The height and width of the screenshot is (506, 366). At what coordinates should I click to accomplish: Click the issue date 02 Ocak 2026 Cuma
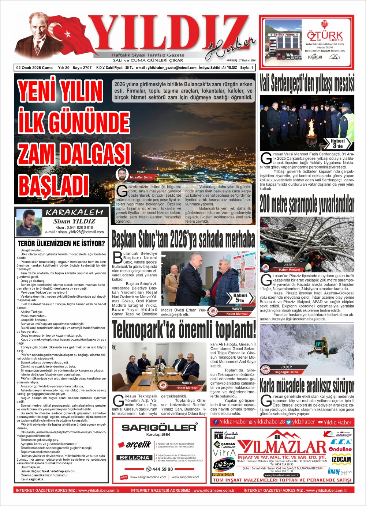pos(34,68)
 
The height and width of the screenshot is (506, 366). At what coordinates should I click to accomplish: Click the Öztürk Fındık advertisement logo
pos(325,37)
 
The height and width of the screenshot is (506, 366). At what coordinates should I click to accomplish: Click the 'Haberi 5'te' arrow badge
pos(240,298)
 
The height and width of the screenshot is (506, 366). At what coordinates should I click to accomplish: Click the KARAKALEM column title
pos(75,212)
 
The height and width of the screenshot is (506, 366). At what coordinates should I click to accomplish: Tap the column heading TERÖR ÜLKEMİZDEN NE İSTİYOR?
pos(61,243)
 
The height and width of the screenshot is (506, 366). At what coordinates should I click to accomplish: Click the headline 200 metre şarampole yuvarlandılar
pos(307,204)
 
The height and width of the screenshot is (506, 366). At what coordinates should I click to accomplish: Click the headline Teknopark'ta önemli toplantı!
pos(184,329)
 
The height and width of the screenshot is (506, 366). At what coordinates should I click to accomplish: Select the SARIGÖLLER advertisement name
pos(159,427)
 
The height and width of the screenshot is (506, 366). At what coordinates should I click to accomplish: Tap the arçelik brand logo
pos(138,445)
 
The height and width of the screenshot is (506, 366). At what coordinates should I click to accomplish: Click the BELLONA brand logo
pos(135,457)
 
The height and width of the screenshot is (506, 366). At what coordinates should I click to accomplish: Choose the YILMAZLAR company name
pos(282,446)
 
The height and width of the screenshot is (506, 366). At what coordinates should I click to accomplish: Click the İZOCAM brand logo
pos(341,459)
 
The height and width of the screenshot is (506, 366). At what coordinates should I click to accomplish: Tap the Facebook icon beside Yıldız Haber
pos(216,422)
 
